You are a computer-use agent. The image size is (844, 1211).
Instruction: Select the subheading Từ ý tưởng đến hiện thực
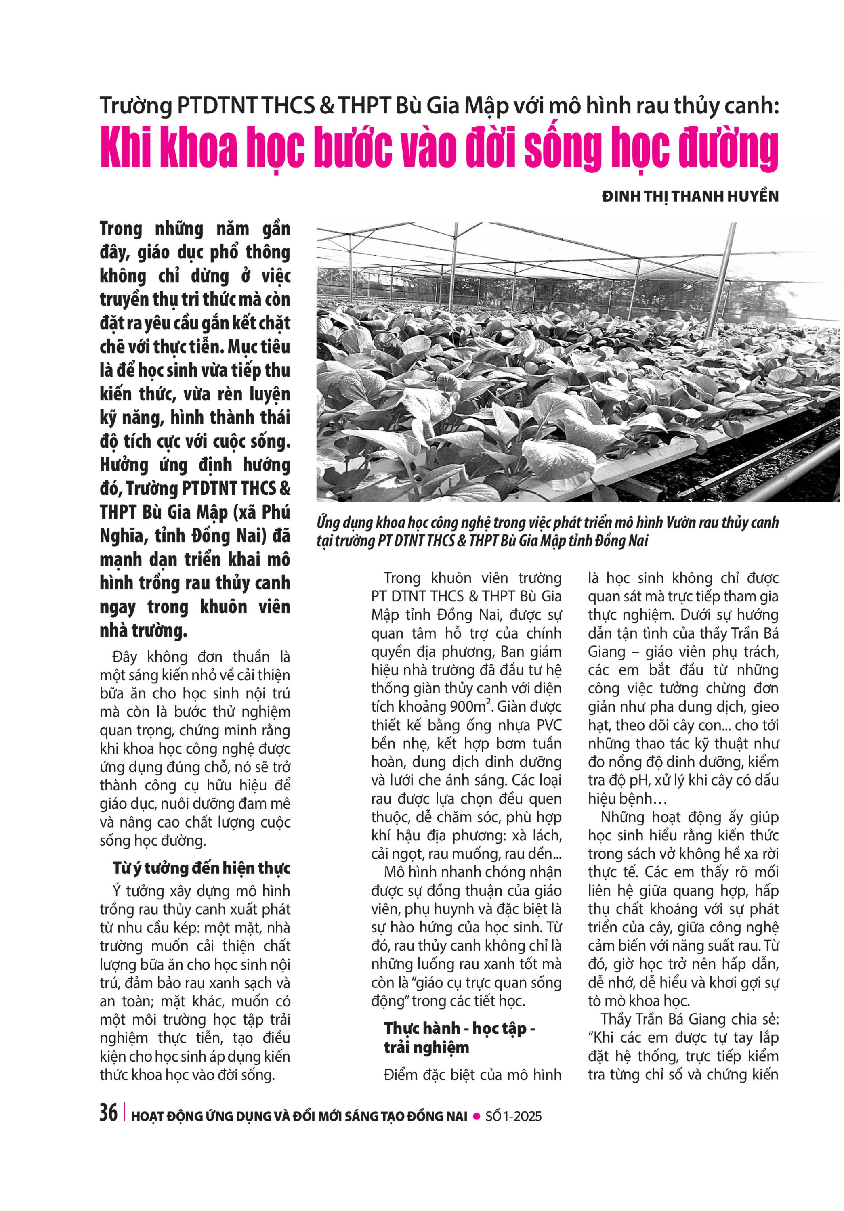pos(202,867)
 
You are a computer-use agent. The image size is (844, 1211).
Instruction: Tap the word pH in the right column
pos(636,779)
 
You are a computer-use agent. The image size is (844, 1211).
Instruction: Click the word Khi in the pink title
pos(127,148)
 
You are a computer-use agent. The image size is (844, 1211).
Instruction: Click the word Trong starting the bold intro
pos(121,229)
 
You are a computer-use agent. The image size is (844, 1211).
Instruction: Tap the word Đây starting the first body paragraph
pos(125,657)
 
